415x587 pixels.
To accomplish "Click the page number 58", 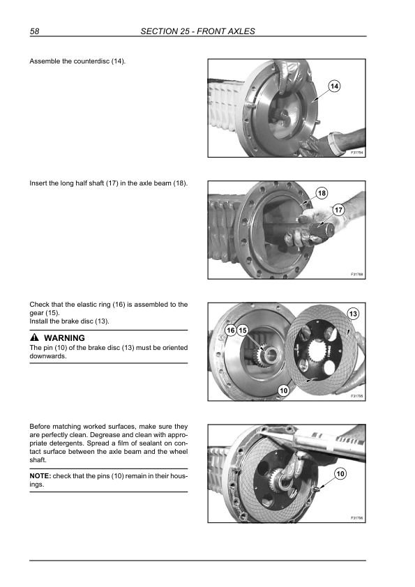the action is tap(34, 31).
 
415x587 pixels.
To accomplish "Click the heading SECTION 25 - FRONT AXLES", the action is tap(198, 31).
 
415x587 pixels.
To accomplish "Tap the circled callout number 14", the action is tap(334, 86).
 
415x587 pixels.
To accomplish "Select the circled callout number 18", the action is tap(322, 193).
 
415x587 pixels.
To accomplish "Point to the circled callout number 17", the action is tap(338, 210).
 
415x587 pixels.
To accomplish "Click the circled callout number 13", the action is tap(353, 314).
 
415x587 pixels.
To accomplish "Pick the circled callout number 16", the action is tap(231, 330).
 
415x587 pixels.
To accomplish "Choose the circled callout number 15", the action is tap(243, 330).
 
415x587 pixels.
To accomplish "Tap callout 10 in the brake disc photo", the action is tap(284, 391).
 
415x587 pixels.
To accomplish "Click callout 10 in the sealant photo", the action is tap(340, 474).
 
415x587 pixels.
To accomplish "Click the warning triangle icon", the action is tap(34, 337).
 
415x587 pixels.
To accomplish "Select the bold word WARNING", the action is tap(64, 337).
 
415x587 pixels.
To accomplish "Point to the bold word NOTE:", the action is tap(40, 476).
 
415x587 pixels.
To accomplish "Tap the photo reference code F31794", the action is tap(357, 153).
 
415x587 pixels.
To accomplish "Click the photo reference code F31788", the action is tap(357, 275).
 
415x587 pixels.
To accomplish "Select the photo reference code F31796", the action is tap(357, 518).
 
